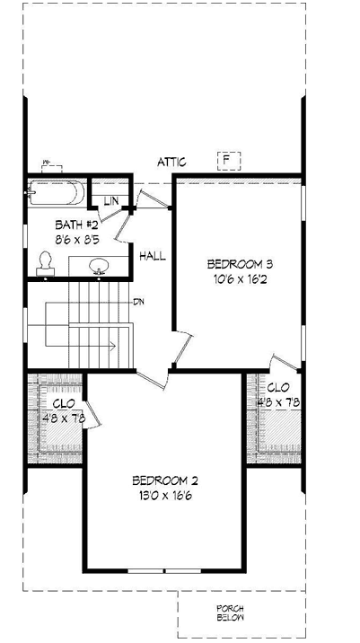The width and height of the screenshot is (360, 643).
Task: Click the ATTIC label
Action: pyautogui.click(x=171, y=163)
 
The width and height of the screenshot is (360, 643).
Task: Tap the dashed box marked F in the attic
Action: pyautogui.click(x=229, y=162)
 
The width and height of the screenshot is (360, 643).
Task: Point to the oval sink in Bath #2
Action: pyautogui.click(x=100, y=265)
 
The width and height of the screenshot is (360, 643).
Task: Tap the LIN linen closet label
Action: pyautogui.click(x=111, y=200)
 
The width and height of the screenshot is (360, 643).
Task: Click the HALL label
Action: pyautogui.click(x=153, y=257)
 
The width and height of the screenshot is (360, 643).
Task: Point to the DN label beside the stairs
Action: pyautogui.click(x=139, y=301)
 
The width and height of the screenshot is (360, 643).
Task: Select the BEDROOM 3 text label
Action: pyautogui.click(x=239, y=264)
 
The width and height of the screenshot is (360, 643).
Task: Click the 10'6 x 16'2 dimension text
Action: pyautogui.click(x=239, y=280)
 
